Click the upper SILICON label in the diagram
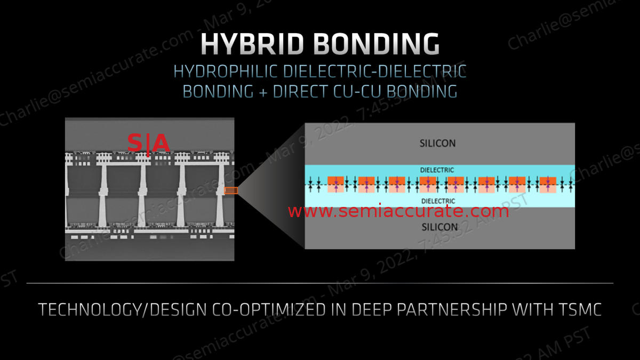pos(438,143)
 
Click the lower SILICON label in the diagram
pos(439,227)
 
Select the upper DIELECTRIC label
pos(437,170)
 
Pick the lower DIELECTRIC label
pos(438,201)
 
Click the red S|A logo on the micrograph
pos(148,143)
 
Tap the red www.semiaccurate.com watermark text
pos(398,212)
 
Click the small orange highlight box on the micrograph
pos(231,190)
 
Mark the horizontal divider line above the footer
pos(320,283)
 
